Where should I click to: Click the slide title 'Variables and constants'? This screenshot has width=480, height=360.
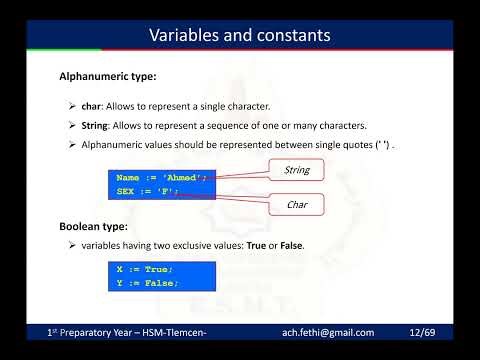[x=240, y=37]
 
